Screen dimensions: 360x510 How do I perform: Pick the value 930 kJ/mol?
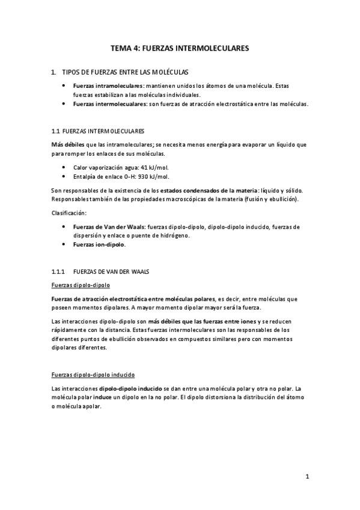point(153,176)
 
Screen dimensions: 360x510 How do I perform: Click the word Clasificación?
point(69,213)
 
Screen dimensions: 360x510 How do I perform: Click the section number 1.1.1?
point(58,272)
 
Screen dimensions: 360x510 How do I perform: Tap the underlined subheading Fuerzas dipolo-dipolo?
point(80,285)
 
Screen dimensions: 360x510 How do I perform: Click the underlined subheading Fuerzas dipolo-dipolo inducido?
point(93,374)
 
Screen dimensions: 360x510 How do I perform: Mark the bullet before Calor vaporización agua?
point(64,168)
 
